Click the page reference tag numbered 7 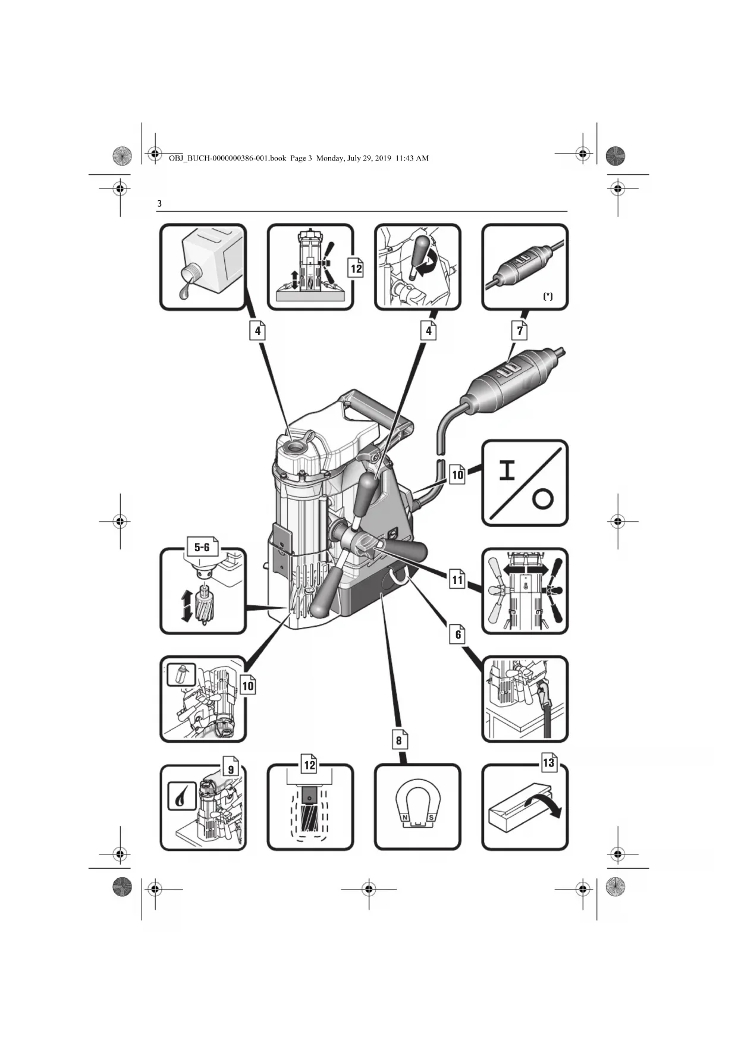(520, 331)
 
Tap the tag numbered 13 (548, 763)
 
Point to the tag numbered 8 (399, 740)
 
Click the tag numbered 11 (457, 580)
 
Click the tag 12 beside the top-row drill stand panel (356, 268)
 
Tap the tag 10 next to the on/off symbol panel (457, 475)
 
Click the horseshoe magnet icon (417, 806)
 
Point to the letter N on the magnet (405, 818)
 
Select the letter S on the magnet (431, 818)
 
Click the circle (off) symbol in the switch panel (542, 499)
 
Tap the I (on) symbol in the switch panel (507, 470)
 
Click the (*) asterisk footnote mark (548, 296)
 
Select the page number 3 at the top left (159, 203)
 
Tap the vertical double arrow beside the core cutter (186, 606)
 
